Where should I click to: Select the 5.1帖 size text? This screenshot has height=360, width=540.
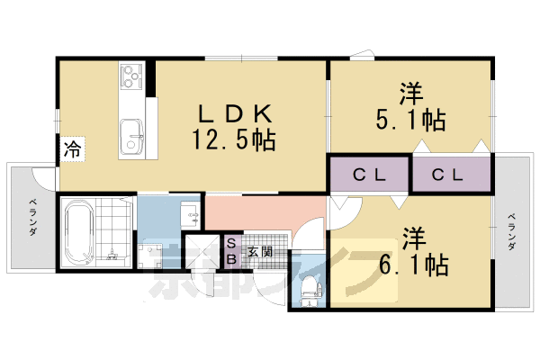click(x=411, y=119)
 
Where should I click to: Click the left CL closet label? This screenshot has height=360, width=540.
click(x=369, y=175)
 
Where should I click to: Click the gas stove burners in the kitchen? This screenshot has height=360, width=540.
click(x=130, y=76)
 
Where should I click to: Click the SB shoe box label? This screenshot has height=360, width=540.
click(x=230, y=250)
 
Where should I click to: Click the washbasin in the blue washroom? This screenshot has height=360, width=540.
click(x=191, y=215)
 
